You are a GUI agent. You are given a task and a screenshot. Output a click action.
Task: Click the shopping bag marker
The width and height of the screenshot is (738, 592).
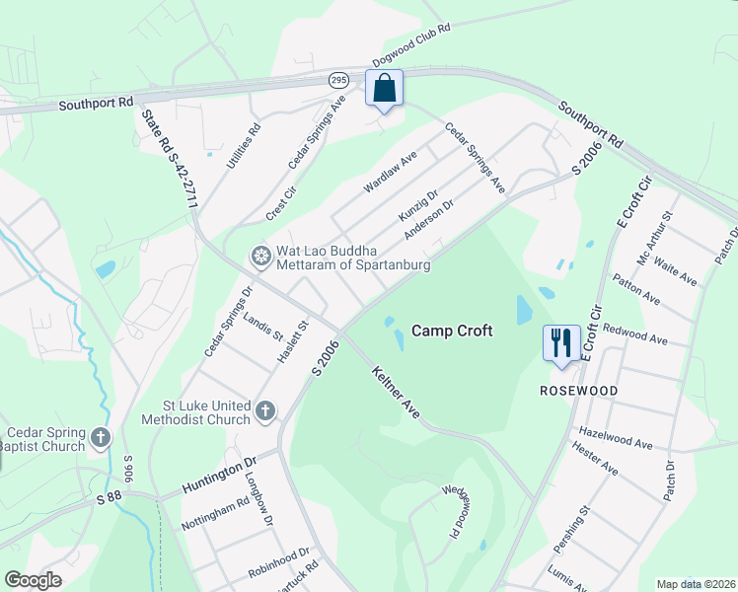[x=384, y=88]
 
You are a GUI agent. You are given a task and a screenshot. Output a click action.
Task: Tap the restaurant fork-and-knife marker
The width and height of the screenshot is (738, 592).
[x=559, y=343]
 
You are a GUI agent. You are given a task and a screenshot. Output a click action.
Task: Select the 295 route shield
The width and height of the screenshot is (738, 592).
[x=338, y=79]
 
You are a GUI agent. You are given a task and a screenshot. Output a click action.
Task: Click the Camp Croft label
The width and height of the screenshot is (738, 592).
[x=451, y=332]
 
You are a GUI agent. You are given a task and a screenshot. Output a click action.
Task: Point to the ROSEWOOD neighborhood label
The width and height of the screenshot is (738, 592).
[x=578, y=391]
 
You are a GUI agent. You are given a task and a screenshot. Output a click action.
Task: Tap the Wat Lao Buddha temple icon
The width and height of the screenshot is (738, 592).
[x=261, y=258]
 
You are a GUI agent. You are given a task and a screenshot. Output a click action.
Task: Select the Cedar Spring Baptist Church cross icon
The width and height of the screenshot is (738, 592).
[x=101, y=437]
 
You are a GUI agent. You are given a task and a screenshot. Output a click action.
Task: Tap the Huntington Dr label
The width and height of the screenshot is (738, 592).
[x=218, y=475]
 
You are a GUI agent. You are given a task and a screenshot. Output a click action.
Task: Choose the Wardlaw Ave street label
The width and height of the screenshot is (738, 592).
[x=392, y=172]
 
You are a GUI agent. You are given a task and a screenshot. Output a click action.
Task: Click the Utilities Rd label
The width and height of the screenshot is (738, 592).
[x=243, y=145]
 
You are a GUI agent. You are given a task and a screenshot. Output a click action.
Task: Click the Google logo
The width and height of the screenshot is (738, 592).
[x=33, y=580]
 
